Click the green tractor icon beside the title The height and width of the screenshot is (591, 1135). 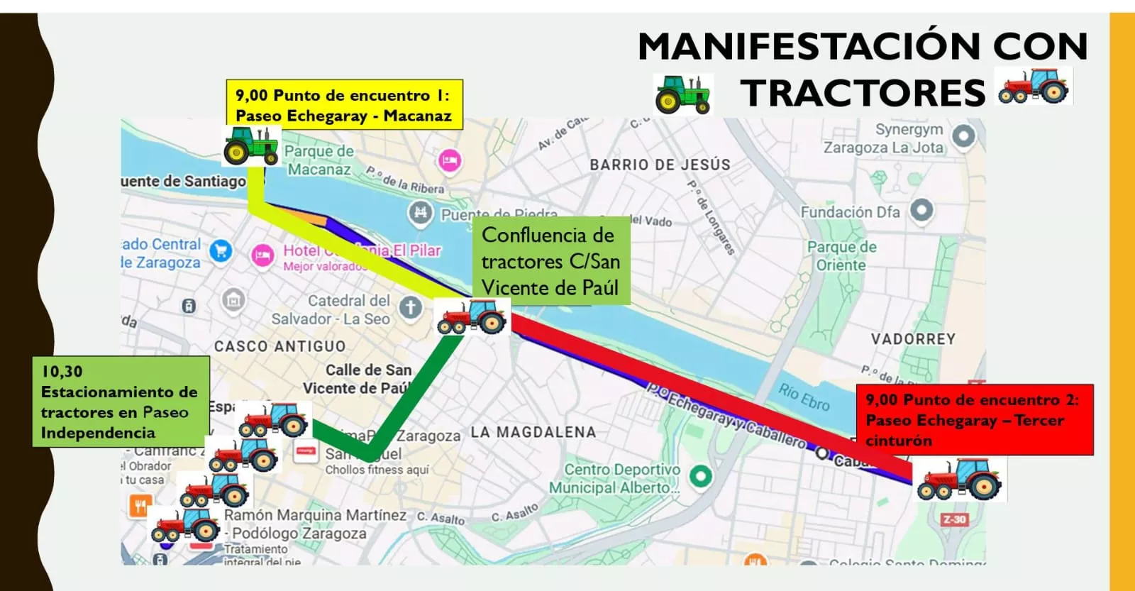pos(682,94)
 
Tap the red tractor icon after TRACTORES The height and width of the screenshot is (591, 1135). pos(1034,86)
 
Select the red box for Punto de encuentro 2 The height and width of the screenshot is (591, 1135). pos(974,419)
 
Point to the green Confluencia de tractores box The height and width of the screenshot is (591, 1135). pos(550,261)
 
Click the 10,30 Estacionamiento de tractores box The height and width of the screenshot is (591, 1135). pos(121,402)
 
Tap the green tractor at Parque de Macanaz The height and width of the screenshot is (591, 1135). pos(251,146)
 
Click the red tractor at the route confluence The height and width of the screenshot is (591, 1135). pos(471,316)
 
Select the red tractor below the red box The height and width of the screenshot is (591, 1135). pos(958,480)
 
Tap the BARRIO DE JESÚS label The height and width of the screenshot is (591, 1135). pos(660,165)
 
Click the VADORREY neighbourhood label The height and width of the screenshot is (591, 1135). pos(913,339)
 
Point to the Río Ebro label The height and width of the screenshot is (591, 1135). pos(804,397)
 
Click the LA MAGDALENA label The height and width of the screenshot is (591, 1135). pos(533,432)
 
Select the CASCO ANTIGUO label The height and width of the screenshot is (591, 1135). pos(280,346)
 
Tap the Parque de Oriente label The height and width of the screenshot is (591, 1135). pos(841,256)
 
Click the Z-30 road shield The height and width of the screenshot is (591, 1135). pos(954,519)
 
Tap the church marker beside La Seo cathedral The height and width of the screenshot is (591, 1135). pos(410,307)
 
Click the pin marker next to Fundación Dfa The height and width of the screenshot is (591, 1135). pos(921,210)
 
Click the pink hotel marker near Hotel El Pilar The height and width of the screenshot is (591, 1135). pos(262,255)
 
